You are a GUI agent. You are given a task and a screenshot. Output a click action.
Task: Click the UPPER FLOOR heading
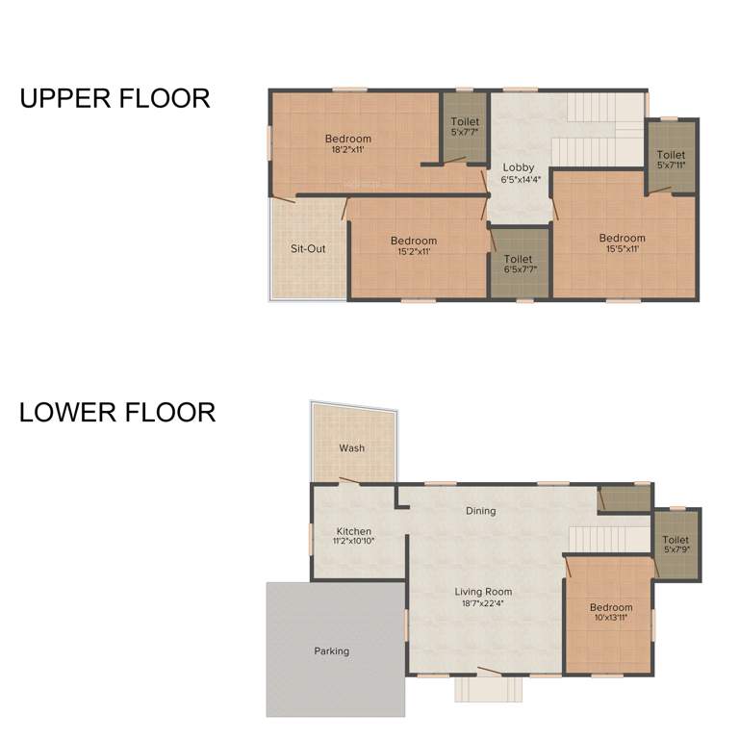115,98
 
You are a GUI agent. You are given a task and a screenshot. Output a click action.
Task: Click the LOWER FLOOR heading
117,413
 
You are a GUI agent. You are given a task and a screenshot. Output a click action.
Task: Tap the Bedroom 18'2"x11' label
347,143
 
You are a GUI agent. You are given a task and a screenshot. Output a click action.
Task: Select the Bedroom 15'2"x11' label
413,245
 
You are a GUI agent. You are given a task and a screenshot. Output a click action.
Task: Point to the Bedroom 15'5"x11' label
622,243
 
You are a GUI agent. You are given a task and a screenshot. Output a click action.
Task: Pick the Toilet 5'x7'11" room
671,158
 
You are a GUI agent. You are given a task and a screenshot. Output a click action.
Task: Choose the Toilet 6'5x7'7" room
519,263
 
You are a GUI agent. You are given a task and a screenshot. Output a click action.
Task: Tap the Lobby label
517,167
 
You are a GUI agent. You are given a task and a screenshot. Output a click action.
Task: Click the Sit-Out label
308,248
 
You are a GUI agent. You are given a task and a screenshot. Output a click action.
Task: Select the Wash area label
351,448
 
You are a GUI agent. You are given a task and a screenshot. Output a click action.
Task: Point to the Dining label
480,511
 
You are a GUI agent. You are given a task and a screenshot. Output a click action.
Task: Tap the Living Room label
483,592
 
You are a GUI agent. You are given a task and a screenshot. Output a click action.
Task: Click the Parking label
331,651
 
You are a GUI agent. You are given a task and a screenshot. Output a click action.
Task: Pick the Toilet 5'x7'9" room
675,545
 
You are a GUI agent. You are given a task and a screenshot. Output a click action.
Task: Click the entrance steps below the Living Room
491,689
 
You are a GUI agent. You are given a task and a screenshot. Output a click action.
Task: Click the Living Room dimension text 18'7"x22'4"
483,604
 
